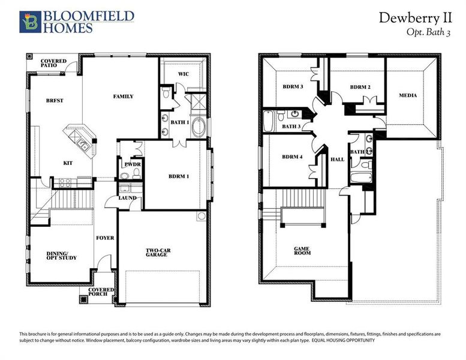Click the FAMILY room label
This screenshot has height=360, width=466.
pyautogui.click(x=123, y=97)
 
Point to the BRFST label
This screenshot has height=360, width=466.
pyautogui.click(x=55, y=101)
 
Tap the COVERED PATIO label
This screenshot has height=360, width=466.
pyautogui.click(x=53, y=64)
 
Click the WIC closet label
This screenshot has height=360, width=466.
pyautogui.click(x=184, y=74)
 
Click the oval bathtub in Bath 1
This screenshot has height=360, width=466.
pyautogui.click(x=199, y=128)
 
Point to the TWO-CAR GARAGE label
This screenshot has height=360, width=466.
pyautogui.click(x=160, y=252)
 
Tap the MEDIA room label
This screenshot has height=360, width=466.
pyautogui.click(x=408, y=95)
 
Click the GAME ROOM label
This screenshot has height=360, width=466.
pyautogui.click(x=302, y=251)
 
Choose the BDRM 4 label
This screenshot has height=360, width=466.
pyautogui.click(x=293, y=158)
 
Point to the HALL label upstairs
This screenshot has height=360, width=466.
pyautogui.click(x=338, y=160)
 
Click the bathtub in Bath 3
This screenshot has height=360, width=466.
pyautogui.click(x=268, y=121)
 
